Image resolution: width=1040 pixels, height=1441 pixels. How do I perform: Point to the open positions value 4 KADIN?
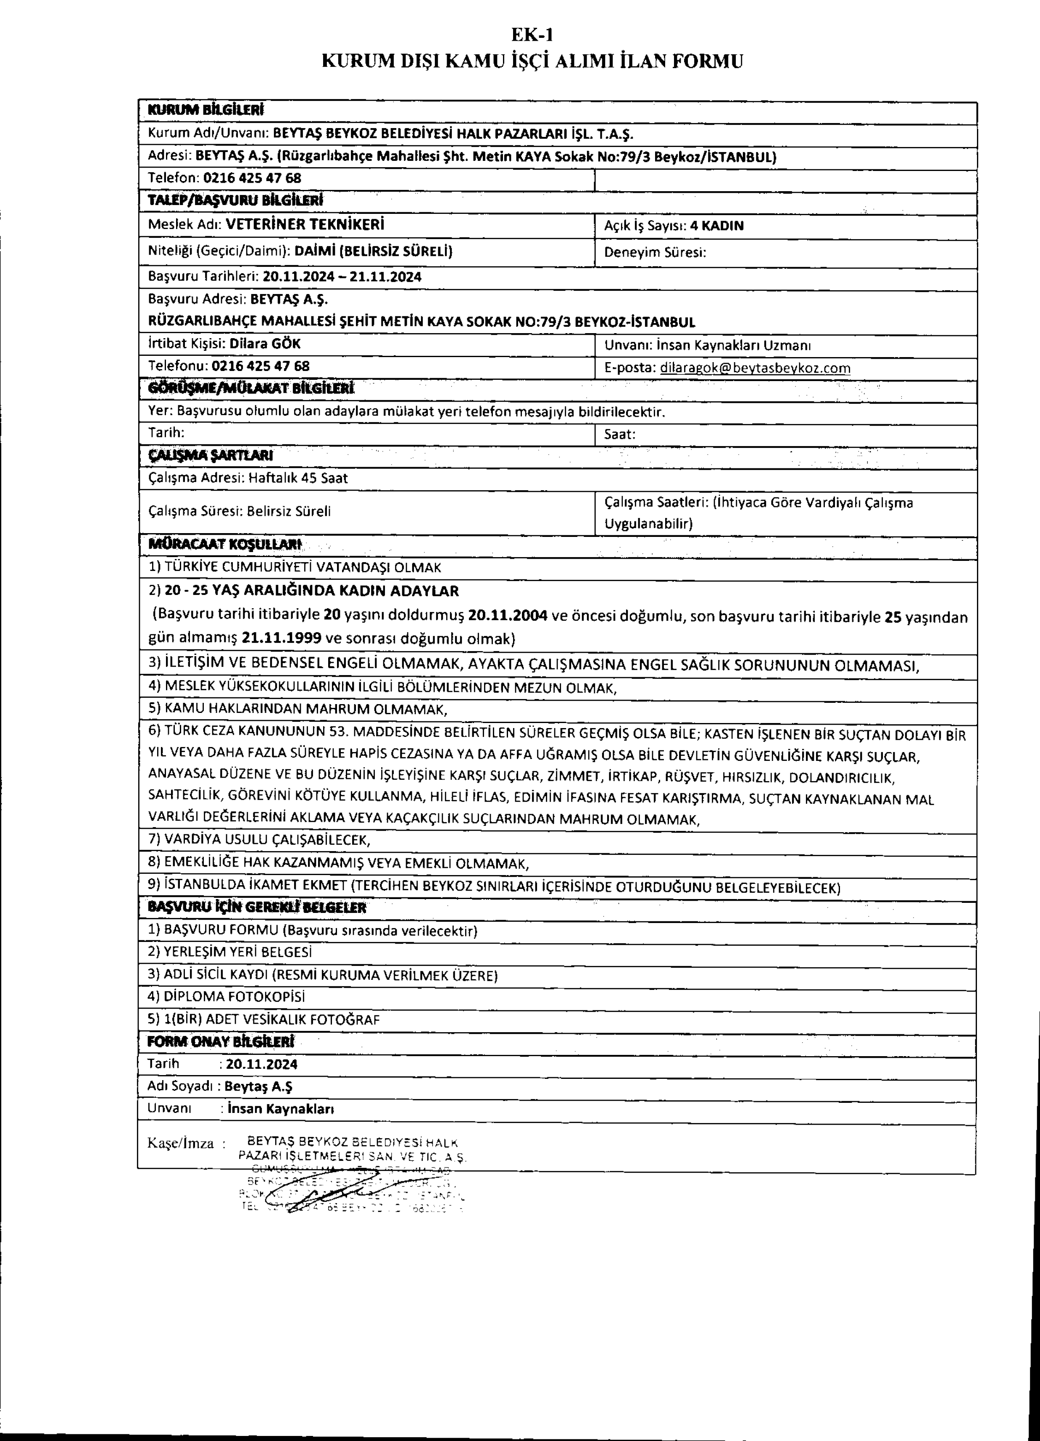click(x=717, y=226)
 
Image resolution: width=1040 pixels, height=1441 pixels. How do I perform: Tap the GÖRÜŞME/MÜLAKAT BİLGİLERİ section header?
click(x=250, y=388)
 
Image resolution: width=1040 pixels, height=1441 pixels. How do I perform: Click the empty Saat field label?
click(x=619, y=434)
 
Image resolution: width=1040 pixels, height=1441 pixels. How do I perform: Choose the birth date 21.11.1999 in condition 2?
click(x=290, y=637)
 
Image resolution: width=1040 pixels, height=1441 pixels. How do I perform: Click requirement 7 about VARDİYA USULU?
click(x=259, y=839)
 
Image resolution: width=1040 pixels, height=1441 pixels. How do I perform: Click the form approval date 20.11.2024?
click(x=261, y=1064)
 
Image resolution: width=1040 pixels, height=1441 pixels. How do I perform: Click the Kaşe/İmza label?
click(x=181, y=1144)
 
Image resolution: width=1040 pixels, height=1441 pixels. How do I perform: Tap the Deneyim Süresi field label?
click(x=655, y=252)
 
